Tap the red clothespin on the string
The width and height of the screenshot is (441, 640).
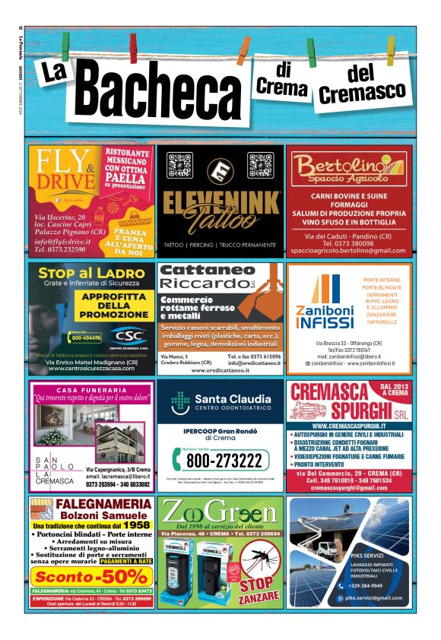[133, 47]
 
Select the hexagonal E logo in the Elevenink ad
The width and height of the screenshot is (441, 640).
[220, 169]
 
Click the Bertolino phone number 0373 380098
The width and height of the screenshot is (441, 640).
[350, 242]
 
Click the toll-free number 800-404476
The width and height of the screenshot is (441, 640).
[86, 337]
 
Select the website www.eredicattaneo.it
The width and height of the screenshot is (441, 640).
[220, 371]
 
